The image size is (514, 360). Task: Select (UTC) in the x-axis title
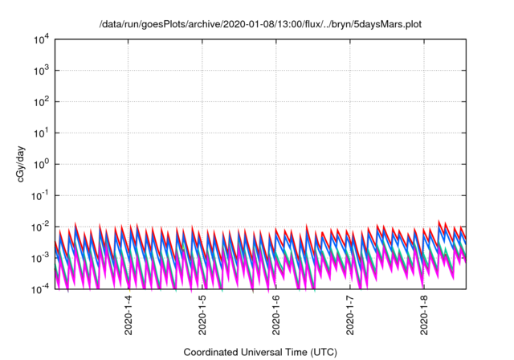point(321,352)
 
